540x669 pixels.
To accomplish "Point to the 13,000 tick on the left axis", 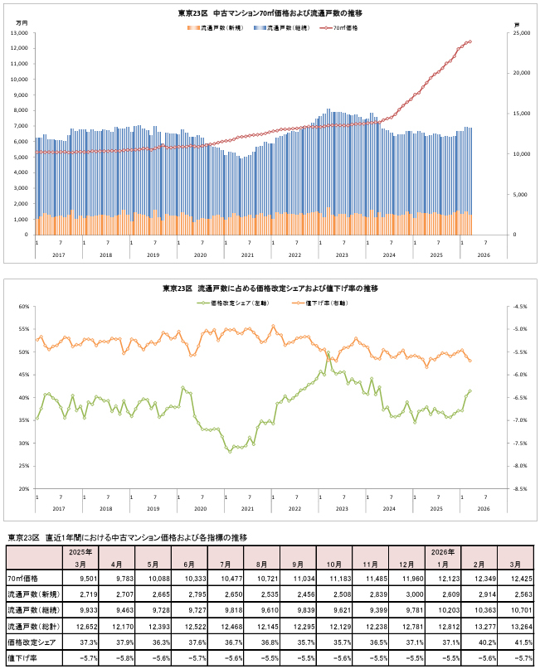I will pyautogui.click(x=20, y=33).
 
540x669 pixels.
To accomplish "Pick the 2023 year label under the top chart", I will pyautogui.click(x=341, y=254).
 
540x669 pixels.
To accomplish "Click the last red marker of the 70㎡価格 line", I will pyautogui.click(x=470, y=41).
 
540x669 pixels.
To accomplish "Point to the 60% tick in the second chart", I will pyautogui.click(x=23, y=306).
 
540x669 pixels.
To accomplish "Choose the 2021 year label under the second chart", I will pyautogui.click(x=247, y=508).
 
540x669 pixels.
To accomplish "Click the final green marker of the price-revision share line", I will pyautogui.click(x=470, y=391).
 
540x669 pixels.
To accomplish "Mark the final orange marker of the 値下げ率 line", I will pyautogui.click(x=470, y=361).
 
